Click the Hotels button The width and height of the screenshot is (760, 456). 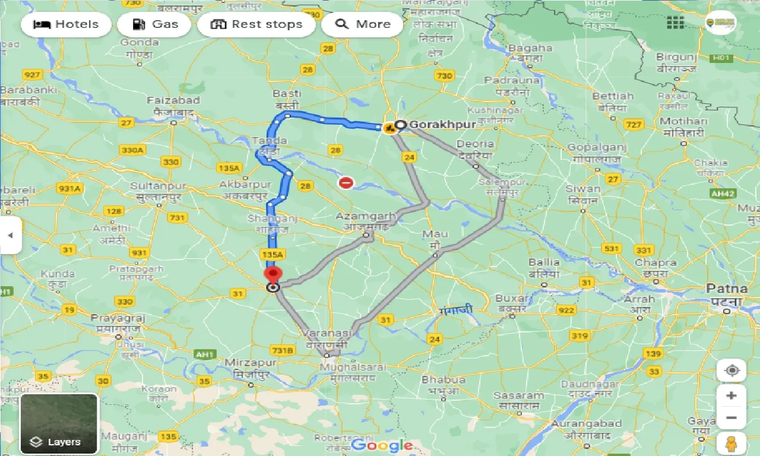66,24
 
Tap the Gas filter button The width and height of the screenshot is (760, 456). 154,24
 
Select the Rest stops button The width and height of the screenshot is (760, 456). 256,24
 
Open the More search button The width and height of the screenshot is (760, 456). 362,24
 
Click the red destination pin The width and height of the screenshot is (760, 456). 273,275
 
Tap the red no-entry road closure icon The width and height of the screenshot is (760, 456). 346,182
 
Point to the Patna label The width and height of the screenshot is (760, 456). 727,289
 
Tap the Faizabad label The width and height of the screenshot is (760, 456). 173,100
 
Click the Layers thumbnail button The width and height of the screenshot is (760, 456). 59,423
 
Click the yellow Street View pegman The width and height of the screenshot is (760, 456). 731,444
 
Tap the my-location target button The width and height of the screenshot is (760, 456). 731,370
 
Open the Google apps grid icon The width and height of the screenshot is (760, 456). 675,23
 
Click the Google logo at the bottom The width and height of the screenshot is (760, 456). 381,445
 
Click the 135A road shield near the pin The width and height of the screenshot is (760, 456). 273,254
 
